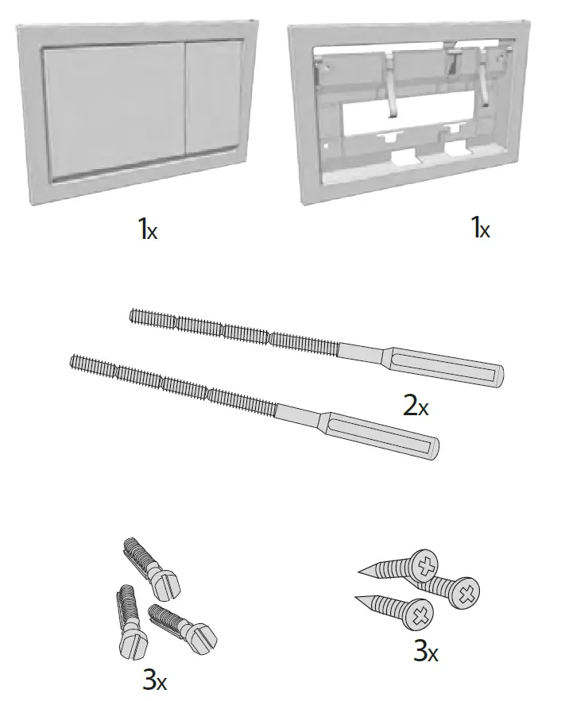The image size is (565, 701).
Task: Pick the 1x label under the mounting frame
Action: (480, 229)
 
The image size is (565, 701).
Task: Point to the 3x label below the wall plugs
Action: (154, 680)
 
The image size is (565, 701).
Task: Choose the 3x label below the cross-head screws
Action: (425, 653)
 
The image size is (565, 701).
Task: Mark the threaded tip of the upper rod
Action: (135, 318)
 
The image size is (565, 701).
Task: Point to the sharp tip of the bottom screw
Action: (358, 597)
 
